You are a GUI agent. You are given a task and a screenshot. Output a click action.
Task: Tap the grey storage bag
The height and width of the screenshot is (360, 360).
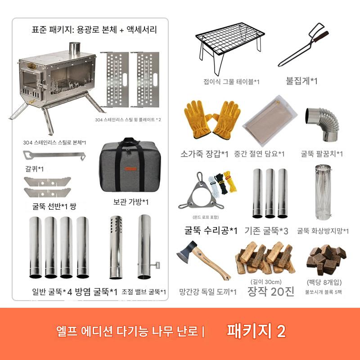click(130, 165)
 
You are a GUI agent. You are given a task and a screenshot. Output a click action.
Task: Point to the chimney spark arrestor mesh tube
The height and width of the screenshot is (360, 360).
click(323, 192)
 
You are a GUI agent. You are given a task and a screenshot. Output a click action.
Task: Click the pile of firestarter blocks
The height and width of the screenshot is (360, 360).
click(326, 260)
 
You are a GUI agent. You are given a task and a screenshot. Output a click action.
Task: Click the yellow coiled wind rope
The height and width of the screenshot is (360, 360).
click(230, 181)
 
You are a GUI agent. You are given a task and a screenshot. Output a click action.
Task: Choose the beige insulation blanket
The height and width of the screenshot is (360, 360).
click(270, 120)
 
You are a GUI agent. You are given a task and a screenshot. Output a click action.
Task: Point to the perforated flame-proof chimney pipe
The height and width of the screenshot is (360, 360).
click(116, 247)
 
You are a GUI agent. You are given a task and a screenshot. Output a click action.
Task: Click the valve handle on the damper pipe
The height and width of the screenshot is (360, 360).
click(157, 265)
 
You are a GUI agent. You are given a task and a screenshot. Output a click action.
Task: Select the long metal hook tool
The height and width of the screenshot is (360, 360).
click(54, 155)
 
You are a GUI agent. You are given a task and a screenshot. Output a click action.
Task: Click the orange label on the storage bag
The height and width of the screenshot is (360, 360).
click(130, 169)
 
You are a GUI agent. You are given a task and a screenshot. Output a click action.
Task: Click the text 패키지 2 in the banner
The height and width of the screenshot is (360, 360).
click(256, 331)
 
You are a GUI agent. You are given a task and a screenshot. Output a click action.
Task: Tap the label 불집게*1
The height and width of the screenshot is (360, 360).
click(301, 81)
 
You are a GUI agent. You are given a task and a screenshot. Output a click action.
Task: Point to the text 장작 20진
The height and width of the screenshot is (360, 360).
click(271, 292)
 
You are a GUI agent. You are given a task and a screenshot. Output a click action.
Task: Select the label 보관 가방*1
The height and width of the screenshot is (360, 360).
click(131, 202)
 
